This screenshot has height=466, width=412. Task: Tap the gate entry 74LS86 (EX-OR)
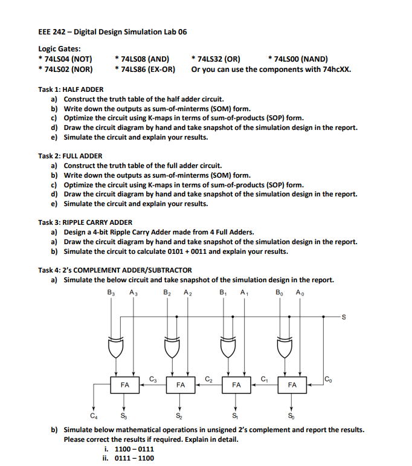tap(144, 69)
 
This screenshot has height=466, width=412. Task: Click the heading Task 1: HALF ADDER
tap(71, 89)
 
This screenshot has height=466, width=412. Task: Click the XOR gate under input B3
tap(115, 348)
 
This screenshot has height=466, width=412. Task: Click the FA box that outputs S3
tap(124, 384)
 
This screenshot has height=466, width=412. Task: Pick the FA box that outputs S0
tap(292, 384)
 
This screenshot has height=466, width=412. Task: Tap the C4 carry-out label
tap(93, 415)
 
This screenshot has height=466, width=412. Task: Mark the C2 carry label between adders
tap(208, 378)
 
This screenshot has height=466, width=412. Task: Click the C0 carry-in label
tap(327, 379)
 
